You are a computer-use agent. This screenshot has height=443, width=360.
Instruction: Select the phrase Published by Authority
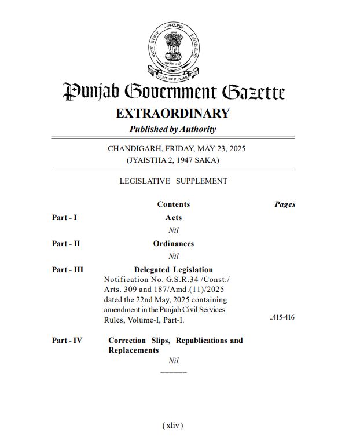(x=172, y=129)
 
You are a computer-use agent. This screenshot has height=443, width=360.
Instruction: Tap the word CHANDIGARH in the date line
(x=134, y=149)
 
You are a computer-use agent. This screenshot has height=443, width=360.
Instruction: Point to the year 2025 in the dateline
(x=236, y=149)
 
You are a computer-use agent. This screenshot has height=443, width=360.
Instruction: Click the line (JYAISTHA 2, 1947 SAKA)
(x=173, y=160)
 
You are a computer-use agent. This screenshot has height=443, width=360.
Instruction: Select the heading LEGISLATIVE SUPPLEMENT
(x=173, y=181)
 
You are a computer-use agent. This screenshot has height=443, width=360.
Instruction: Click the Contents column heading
(x=173, y=204)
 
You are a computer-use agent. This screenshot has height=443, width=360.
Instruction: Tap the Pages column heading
(x=285, y=204)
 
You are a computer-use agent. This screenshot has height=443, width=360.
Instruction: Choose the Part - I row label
(x=64, y=218)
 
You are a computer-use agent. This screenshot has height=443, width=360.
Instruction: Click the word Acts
(x=173, y=218)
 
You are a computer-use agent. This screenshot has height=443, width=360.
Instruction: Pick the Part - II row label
(x=66, y=244)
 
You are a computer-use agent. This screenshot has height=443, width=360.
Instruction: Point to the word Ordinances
(x=173, y=244)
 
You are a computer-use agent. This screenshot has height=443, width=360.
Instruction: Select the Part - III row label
(x=68, y=270)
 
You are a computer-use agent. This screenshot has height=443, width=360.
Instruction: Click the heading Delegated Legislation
(x=173, y=270)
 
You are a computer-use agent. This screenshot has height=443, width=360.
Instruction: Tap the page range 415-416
(x=282, y=318)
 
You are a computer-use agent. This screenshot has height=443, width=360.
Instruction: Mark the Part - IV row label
(x=67, y=341)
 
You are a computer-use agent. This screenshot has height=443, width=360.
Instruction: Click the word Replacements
(x=133, y=350)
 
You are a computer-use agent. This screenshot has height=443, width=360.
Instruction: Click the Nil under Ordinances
(x=173, y=256)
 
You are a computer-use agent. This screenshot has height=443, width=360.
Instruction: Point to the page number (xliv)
(x=173, y=426)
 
